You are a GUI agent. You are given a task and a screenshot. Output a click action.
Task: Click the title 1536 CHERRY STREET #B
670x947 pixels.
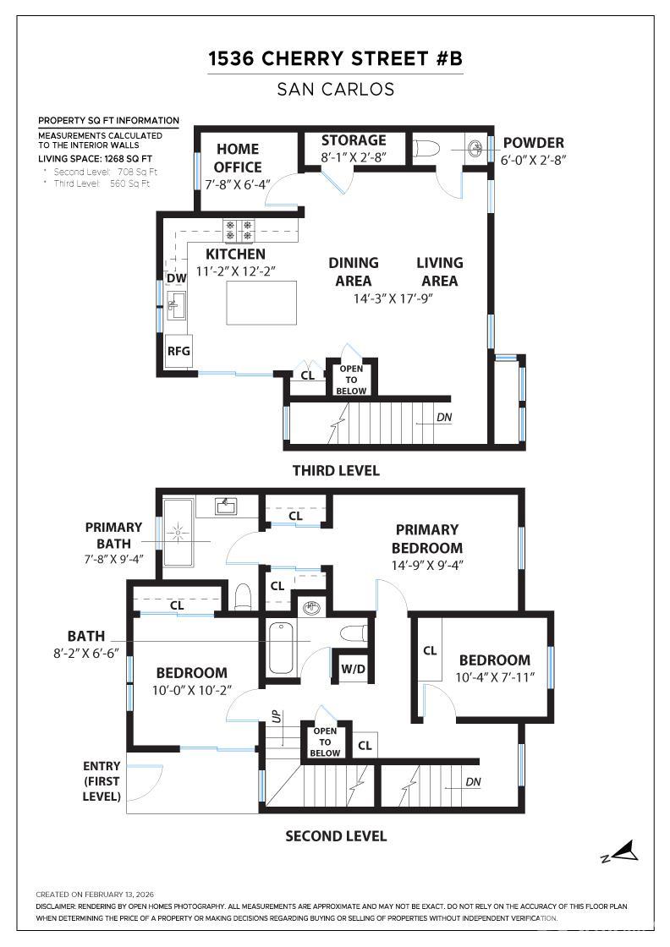click(336, 59)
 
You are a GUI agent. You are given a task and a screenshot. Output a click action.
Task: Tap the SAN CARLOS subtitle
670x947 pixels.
click(336, 89)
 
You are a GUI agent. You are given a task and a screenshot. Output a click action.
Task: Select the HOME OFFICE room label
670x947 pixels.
click(238, 158)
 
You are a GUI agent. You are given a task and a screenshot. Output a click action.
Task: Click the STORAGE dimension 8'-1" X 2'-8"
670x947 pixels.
click(353, 157)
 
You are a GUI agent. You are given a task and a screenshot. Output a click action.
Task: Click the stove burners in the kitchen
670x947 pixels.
click(239, 231)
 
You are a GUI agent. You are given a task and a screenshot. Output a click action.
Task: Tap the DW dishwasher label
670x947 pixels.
click(176, 278)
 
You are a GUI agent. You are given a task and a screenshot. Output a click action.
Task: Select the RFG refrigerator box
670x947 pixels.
click(178, 351)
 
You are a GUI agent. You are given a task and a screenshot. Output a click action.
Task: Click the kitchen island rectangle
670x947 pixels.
click(261, 302)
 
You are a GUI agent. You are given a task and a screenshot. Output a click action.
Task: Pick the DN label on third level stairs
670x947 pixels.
click(443, 417)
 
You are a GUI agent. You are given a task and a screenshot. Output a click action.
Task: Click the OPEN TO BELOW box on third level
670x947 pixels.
click(351, 380)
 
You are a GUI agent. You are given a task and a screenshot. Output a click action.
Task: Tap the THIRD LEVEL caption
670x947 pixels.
click(336, 471)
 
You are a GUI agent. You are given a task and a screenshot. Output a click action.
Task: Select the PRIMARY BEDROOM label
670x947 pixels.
click(426, 539)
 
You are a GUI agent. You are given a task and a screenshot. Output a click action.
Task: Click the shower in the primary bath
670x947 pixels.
click(178, 533)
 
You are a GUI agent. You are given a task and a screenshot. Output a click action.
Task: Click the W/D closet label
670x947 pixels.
click(353, 670)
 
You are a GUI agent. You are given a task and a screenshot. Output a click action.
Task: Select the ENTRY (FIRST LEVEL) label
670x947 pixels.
click(102, 781)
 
